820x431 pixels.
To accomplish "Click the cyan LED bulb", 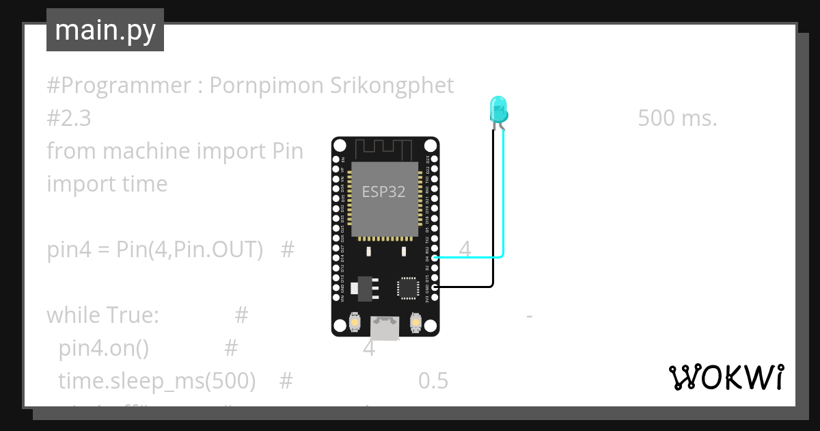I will click(x=498, y=108).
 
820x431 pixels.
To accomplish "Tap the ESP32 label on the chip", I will click(x=383, y=192).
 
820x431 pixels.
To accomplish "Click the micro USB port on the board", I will click(x=385, y=328).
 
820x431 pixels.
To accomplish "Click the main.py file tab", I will click(x=105, y=30).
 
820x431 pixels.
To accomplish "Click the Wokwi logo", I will click(x=725, y=377).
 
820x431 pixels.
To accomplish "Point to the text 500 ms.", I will click(x=677, y=118).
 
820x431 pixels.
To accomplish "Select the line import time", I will click(x=107, y=183).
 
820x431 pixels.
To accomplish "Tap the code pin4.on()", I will click(x=103, y=348).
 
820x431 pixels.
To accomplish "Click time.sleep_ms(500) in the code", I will click(x=157, y=380).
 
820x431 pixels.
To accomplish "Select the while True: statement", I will click(x=102, y=315).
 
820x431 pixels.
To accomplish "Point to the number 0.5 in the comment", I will click(x=433, y=380).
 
